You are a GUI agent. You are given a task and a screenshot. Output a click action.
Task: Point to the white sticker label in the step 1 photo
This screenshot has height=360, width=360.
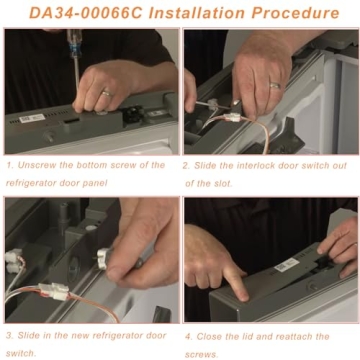click(32, 118)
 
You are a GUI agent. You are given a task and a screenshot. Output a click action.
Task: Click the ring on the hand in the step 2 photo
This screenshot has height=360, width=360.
click(275, 86)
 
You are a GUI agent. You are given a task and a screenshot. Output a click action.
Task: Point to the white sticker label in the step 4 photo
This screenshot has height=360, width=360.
click(289, 265)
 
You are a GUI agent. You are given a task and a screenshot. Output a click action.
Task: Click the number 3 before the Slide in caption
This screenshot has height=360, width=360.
click(8, 335)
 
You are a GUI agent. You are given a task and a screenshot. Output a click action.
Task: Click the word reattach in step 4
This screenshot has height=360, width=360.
click(311, 335)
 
